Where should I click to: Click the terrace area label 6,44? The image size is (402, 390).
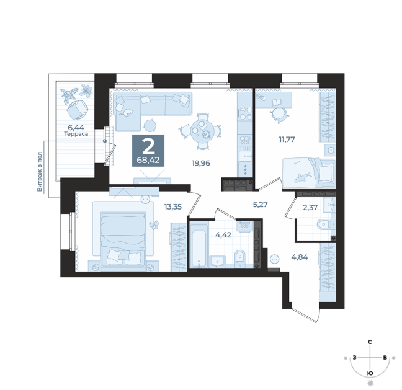(x=76, y=127)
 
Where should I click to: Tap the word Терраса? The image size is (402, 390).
(x=76, y=134)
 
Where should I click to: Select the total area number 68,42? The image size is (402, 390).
(x=148, y=161)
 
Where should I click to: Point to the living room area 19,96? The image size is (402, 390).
(x=201, y=163)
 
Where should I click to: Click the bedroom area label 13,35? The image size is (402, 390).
(x=173, y=207)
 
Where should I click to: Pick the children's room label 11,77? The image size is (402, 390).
(x=287, y=140)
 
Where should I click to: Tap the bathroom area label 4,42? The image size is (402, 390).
(x=223, y=235)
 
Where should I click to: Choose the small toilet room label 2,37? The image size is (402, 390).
(x=310, y=207)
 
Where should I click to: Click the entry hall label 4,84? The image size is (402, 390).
(x=300, y=257)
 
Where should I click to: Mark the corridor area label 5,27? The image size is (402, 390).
(x=260, y=205)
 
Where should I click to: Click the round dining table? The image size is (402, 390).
(x=200, y=131)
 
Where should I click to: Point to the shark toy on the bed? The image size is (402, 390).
(x=303, y=177)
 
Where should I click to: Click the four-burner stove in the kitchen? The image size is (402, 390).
(x=246, y=113)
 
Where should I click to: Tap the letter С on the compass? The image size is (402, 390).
(x=370, y=342)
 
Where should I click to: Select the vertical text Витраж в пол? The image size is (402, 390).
(x=39, y=171)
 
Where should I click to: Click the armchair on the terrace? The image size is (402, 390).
(x=77, y=110)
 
